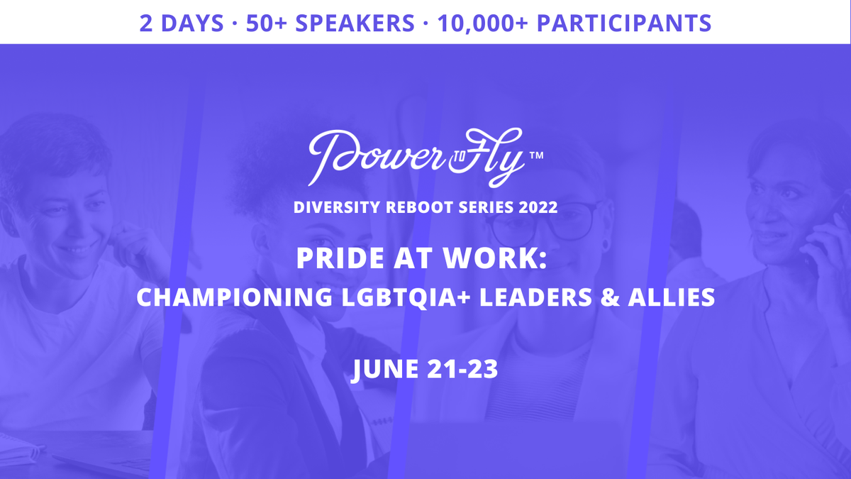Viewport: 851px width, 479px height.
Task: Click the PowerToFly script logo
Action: click(416, 158)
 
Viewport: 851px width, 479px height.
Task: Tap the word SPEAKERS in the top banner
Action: click(355, 23)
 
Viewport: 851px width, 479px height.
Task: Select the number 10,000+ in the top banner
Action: click(483, 23)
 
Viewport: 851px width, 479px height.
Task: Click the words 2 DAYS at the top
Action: click(182, 23)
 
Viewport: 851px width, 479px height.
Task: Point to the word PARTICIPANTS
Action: click(624, 23)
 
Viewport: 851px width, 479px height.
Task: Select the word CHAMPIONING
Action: click(235, 297)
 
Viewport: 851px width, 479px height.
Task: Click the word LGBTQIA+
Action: click(406, 297)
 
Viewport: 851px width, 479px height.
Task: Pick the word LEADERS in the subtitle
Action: click(535, 297)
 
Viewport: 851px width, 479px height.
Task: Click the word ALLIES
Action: click(672, 297)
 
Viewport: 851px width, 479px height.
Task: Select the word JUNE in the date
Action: click(384, 369)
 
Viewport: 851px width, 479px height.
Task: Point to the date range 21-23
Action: click(462, 369)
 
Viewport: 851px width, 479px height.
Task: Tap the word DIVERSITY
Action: click(337, 207)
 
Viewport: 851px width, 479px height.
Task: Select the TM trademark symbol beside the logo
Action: click(536, 155)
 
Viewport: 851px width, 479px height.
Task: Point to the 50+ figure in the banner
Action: click(267, 23)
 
